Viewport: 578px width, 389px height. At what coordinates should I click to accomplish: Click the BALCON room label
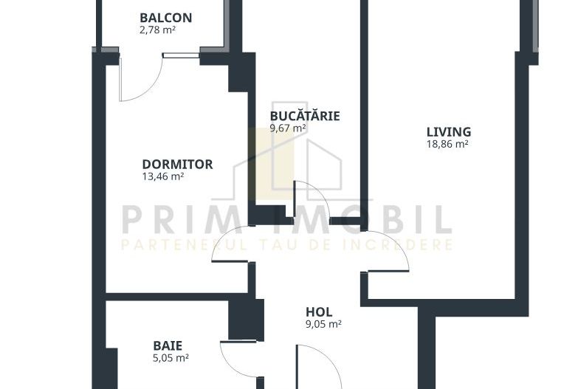pos(166,18)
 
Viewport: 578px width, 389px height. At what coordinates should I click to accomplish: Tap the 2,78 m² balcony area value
pos(157,30)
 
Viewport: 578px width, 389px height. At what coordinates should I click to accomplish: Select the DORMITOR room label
pos(177,164)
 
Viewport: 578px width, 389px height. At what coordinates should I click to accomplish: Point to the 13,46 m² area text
pos(163,176)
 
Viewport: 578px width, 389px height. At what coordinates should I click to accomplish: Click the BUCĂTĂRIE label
pos(305,115)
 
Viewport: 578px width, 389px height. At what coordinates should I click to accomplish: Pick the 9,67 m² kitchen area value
pos(288,128)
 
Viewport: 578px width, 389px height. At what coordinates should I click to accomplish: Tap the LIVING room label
pos(449,131)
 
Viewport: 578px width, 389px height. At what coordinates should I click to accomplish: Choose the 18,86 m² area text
pos(447,144)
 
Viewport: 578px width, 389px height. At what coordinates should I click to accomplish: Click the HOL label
pos(319,312)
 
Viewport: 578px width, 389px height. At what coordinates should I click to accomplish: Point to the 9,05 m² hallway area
pos(323,324)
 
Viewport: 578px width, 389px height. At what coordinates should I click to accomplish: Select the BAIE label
pos(168,345)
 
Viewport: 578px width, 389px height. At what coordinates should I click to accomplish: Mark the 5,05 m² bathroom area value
pos(171,358)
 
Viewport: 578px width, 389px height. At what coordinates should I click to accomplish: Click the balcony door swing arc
pos(152,89)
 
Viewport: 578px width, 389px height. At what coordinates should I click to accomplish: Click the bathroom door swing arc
pos(230,366)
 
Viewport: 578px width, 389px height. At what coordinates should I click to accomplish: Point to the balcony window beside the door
pos(181,55)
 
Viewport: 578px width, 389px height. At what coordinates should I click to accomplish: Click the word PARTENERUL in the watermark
pos(184,244)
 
